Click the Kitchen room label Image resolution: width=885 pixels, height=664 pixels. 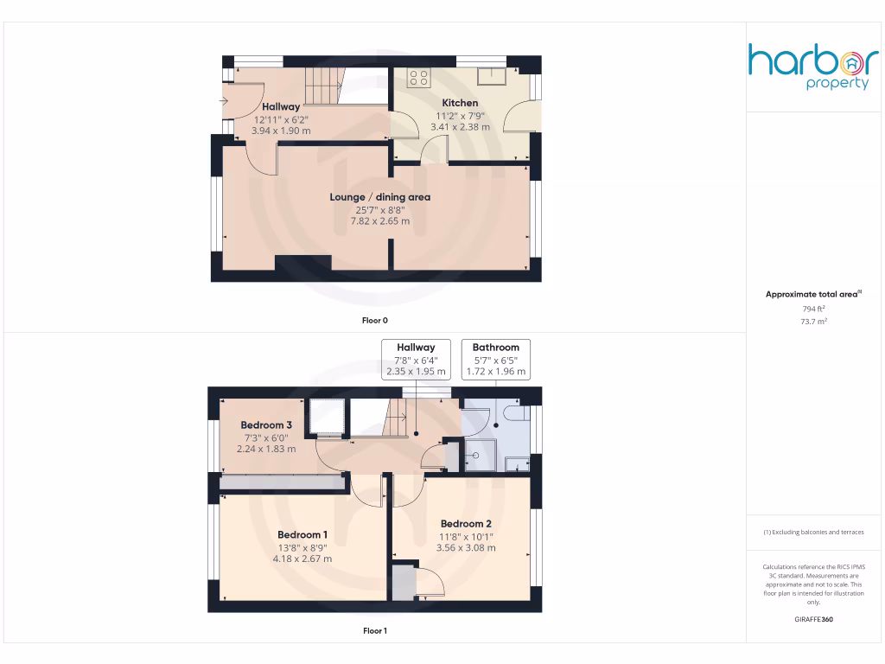(460, 103)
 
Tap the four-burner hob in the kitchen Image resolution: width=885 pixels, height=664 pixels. (419, 79)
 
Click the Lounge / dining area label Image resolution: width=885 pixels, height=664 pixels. (379, 197)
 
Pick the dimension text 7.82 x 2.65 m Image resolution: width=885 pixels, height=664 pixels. (379, 221)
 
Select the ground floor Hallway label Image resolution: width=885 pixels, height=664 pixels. (281, 107)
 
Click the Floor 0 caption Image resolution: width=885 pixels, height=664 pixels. (373, 321)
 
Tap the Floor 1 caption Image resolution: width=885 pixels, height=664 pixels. (373, 631)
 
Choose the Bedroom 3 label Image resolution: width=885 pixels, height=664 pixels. (265, 425)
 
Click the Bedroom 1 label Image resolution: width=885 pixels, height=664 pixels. (302, 534)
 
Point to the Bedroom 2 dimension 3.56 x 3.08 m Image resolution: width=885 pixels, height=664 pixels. (466, 547)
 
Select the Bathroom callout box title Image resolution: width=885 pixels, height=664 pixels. (496, 348)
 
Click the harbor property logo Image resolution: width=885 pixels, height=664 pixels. (813, 67)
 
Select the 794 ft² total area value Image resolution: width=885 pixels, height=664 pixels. (812, 309)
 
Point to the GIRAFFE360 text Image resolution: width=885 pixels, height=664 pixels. (813, 619)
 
